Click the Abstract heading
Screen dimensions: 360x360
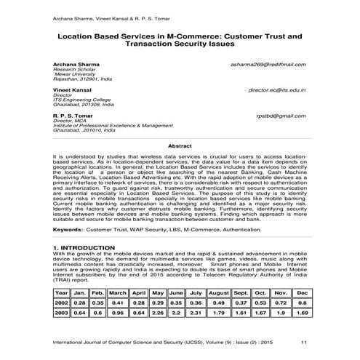(x=180, y=146)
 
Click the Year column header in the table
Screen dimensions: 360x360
(x=62, y=292)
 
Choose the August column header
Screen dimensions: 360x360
(x=218, y=292)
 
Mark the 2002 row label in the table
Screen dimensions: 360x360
(x=62, y=303)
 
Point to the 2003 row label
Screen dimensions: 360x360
(x=62, y=313)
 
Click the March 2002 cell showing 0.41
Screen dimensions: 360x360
(x=118, y=303)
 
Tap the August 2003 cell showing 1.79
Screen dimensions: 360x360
(x=218, y=313)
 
